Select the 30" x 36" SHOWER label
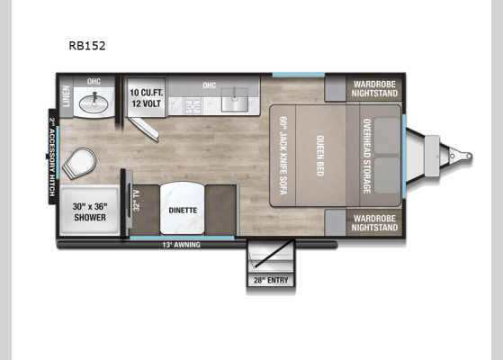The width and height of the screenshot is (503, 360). [89, 211]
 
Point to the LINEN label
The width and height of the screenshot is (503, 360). [66, 96]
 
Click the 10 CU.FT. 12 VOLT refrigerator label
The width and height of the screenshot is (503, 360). [146, 97]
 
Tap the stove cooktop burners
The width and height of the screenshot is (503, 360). [194, 106]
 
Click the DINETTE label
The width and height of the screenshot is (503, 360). [184, 211]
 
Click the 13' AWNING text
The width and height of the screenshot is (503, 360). [181, 245]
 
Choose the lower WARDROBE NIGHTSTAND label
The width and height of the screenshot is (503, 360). [375, 223]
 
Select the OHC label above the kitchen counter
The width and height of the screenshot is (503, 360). [210, 86]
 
